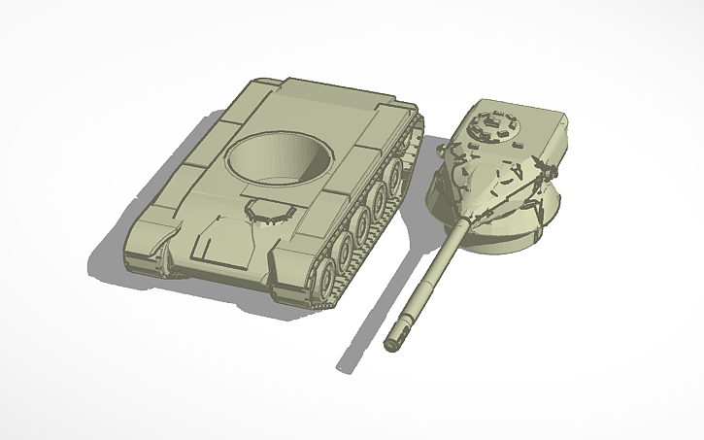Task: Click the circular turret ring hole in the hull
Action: click(279, 157)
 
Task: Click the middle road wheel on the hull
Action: click(366, 219)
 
